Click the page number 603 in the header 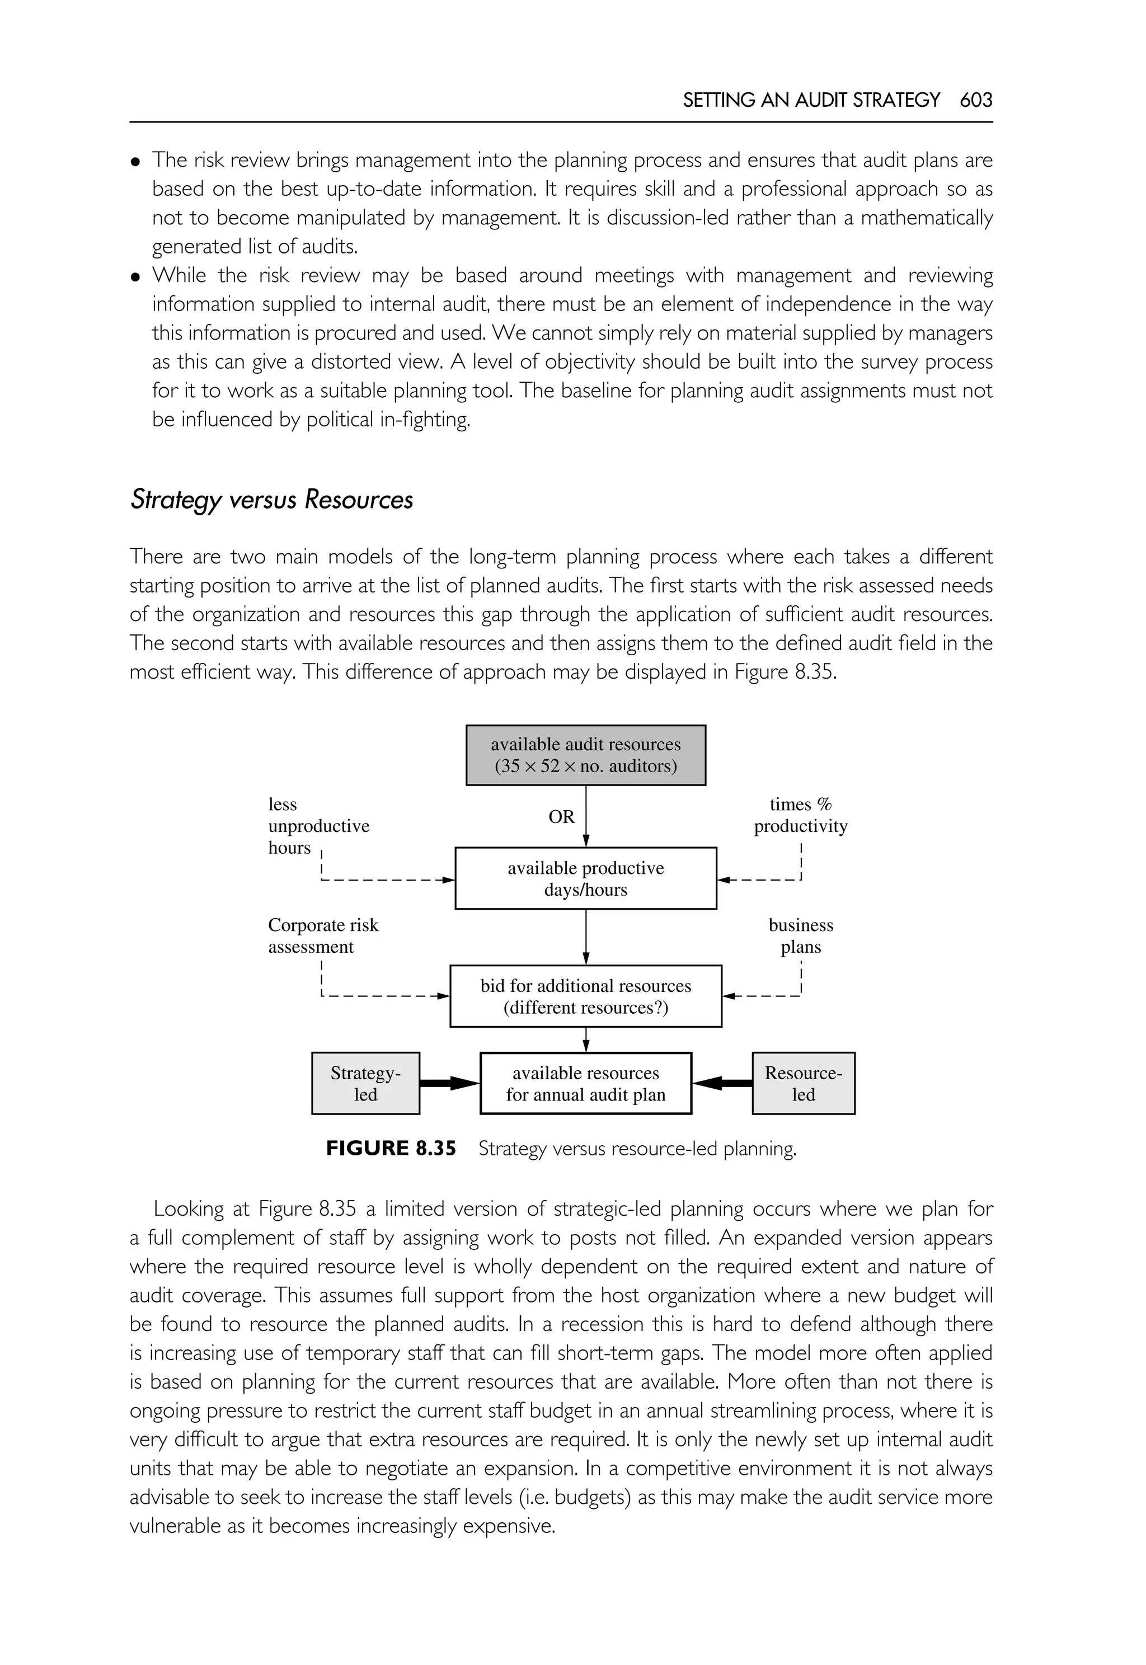[x=975, y=100]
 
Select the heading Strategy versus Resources [x=271, y=500]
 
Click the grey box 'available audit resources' [x=585, y=755]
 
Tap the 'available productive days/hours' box [x=585, y=878]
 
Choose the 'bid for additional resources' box [x=585, y=996]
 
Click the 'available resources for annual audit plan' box [x=585, y=1084]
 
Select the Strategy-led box [x=365, y=1084]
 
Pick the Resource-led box [x=803, y=1084]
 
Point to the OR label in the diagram [x=561, y=817]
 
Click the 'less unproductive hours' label [x=318, y=826]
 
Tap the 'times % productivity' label [x=800, y=815]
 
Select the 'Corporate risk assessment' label [x=322, y=935]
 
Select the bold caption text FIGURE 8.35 [x=391, y=1149]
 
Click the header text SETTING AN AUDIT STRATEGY [x=811, y=100]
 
